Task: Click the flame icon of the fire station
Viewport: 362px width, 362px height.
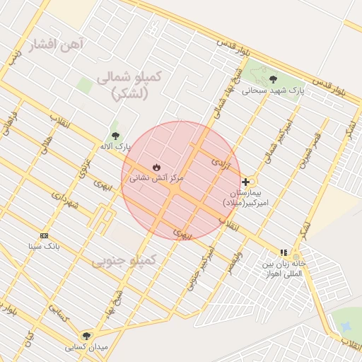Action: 156,167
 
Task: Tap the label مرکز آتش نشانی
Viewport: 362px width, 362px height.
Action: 156,179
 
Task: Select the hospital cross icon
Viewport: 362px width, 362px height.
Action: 245,182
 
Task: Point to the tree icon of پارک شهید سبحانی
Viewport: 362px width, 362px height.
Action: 273,79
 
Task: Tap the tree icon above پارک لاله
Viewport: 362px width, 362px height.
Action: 115,136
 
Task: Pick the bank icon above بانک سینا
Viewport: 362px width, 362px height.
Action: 45,235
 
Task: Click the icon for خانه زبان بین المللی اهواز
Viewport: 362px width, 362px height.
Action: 284,252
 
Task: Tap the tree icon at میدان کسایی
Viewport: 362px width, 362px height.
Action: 86,336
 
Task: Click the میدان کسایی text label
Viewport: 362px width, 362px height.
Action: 86,347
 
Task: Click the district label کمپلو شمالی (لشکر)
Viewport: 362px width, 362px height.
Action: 130,85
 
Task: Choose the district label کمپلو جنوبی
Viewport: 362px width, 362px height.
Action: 123,262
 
